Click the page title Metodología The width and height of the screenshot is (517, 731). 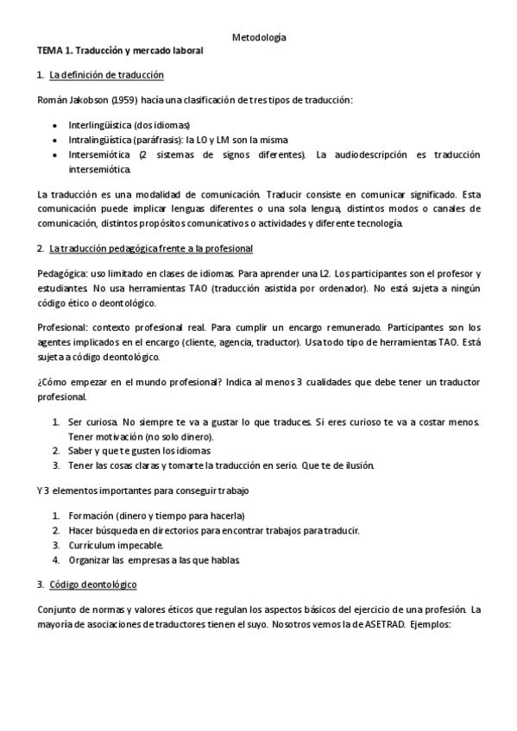(x=260, y=37)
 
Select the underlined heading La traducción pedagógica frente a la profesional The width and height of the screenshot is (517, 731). (x=151, y=248)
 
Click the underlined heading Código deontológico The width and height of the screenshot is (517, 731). (x=93, y=584)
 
